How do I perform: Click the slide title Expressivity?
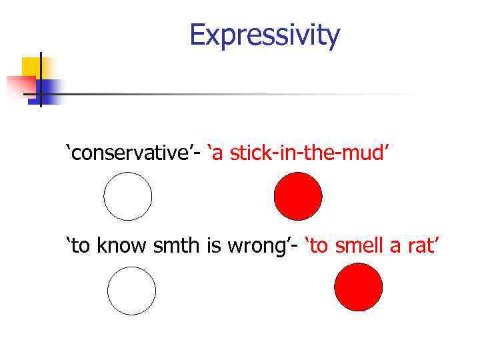(265, 35)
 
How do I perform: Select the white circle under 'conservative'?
(127, 197)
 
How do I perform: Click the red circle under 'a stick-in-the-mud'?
(298, 197)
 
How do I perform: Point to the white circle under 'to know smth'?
(131, 291)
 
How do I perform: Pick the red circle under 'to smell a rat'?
(358, 287)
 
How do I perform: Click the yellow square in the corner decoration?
(31, 67)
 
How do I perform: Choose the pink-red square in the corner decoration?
(20, 85)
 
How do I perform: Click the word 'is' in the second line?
(213, 246)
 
